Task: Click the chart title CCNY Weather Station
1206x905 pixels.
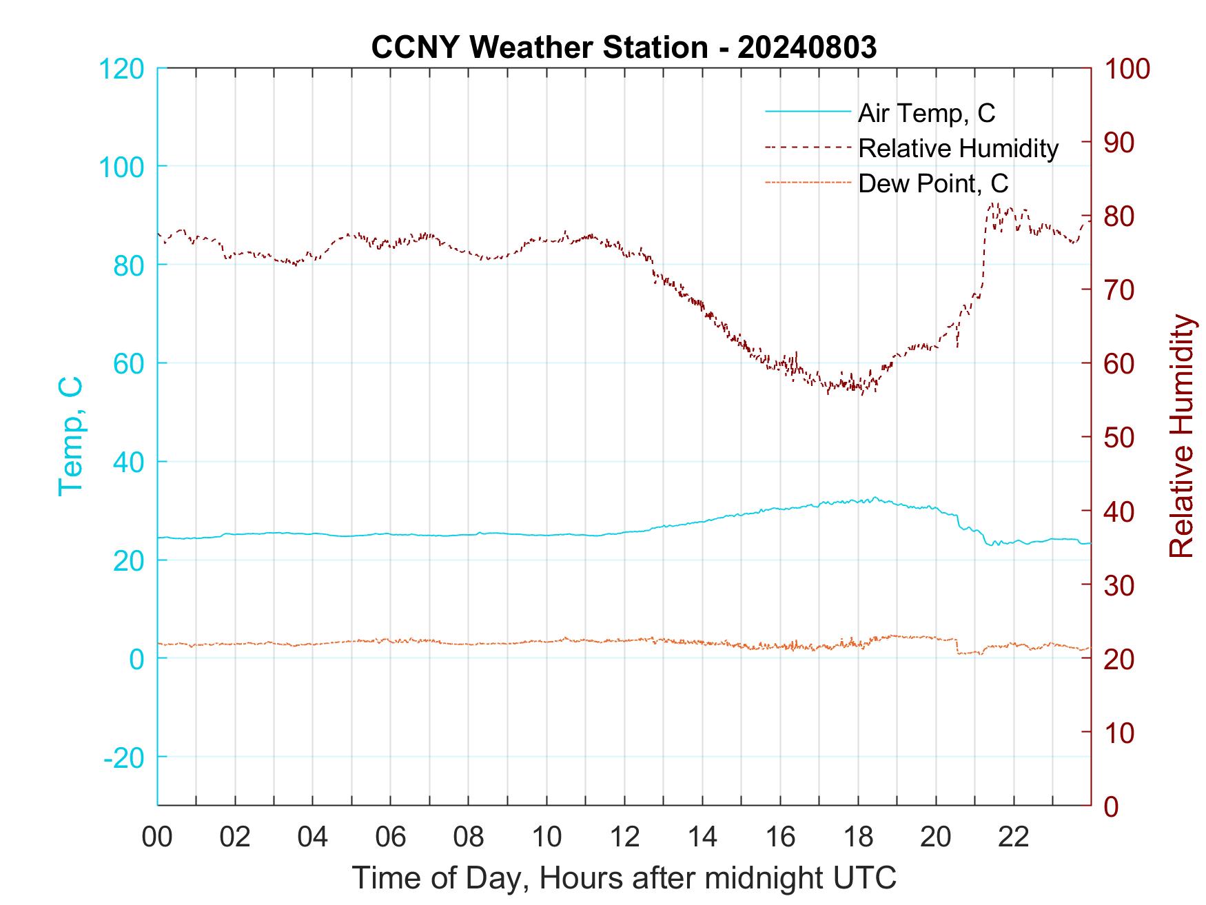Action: (624, 48)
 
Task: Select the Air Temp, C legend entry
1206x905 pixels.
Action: (926, 113)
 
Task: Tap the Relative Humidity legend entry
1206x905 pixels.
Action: (958, 148)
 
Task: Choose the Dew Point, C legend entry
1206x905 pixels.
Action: (933, 183)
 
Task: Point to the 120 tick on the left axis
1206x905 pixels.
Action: (121, 69)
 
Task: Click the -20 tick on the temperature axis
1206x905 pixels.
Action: (124, 757)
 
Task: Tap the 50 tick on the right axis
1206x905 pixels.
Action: (1120, 438)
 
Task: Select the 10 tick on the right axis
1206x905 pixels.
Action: (1120, 733)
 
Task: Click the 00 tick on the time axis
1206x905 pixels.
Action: (157, 837)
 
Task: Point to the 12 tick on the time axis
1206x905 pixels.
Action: (624, 837)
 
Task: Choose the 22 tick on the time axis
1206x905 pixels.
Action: (1014, 837)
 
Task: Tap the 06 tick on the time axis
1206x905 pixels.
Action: (391, 837)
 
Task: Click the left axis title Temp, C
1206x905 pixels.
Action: (71, 436)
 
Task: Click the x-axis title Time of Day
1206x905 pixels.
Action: (624, 878)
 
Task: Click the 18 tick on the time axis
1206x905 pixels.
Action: (858, 837)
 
